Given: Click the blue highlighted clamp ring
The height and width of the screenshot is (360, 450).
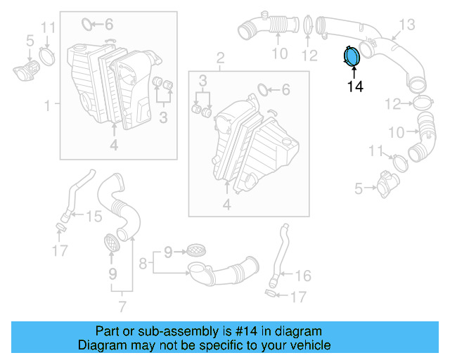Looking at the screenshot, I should point(351,56).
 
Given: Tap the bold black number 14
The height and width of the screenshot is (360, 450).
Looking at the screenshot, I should point(355,86).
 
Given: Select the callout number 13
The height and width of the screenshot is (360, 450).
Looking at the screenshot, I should point(408,25).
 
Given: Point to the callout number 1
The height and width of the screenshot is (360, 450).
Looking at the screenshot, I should point(48,105).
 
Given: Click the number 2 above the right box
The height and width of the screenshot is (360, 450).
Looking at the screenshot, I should point(220,56).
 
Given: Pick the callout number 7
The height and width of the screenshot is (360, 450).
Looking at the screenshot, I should point(122,306).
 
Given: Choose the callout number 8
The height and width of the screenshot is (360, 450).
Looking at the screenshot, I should point(143,264).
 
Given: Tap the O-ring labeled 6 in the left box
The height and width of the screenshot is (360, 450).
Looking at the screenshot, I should point(88,25).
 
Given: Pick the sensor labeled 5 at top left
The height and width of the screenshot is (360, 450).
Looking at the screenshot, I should point(26,70).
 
